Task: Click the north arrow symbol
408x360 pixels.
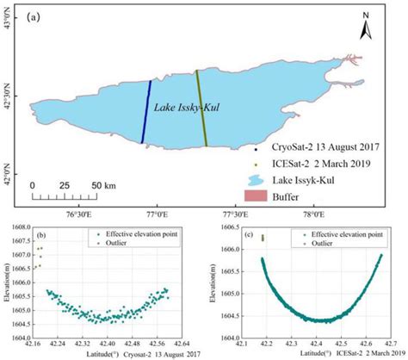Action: (x=366, y=27)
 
